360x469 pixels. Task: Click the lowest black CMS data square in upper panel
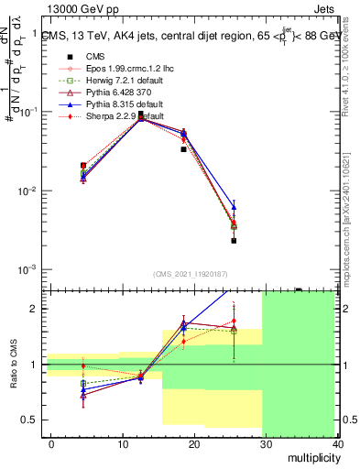234,241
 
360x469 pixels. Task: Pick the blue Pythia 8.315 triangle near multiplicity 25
234,207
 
